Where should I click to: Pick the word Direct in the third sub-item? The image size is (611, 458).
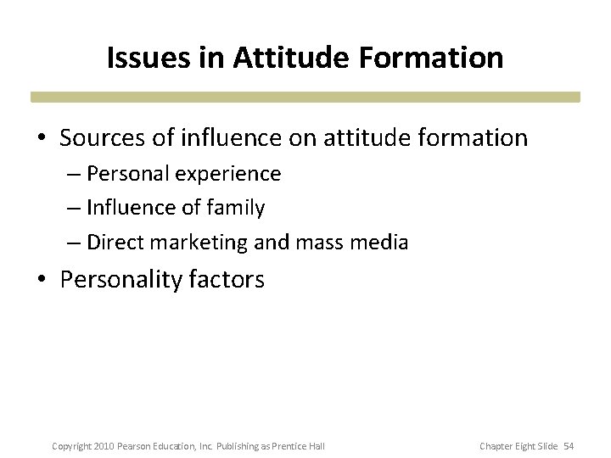[115, 243]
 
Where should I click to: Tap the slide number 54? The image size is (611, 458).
[569, 446]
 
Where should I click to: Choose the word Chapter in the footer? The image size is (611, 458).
[496, 446]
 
